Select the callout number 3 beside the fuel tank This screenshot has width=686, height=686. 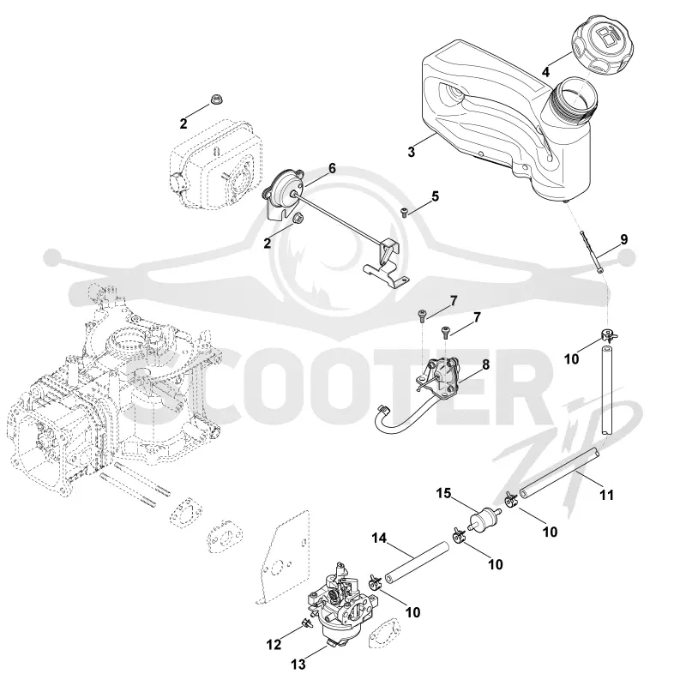click(411, 152)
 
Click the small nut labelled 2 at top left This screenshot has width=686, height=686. click(215, 99)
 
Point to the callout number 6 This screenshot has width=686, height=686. click(332, 168)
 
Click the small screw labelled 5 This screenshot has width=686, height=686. click(404, 213)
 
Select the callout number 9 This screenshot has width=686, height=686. click(624, 239)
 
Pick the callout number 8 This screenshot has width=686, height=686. click(485, 364)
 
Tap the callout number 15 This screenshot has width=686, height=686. click(443, 494)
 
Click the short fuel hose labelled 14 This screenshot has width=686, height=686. click(417, 563)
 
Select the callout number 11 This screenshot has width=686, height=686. click(606, 495)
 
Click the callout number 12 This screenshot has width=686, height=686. click(274, 645)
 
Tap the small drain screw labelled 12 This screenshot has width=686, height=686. click(305, 623)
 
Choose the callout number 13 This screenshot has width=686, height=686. click(298, 665)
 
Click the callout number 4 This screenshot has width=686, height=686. click(545, 72)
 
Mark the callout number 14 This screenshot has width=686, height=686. click(379, 538)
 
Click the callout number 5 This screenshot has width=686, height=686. click(435, 196)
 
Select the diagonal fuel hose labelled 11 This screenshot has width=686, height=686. click(558, 472)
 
